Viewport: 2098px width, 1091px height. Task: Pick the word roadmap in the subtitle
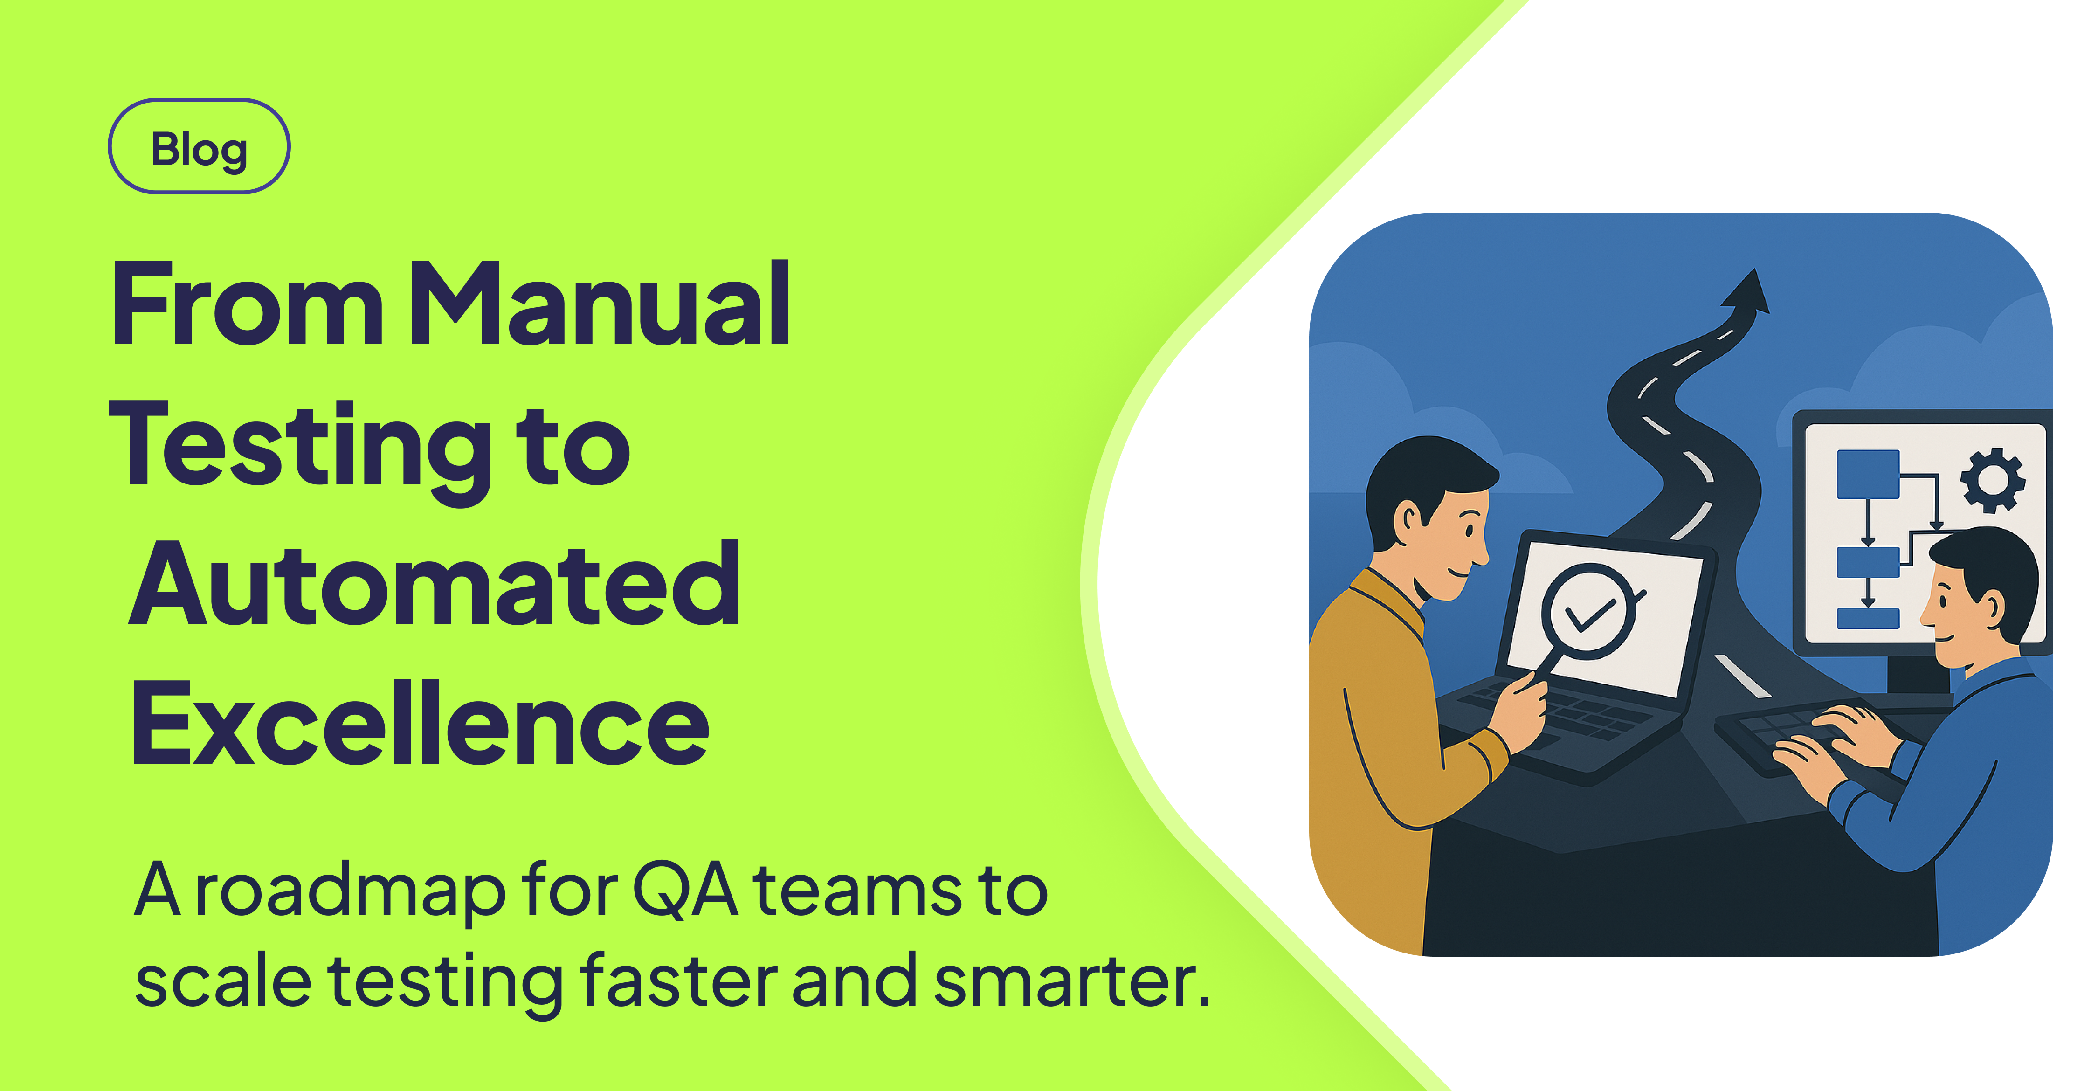tap(350, 891)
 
